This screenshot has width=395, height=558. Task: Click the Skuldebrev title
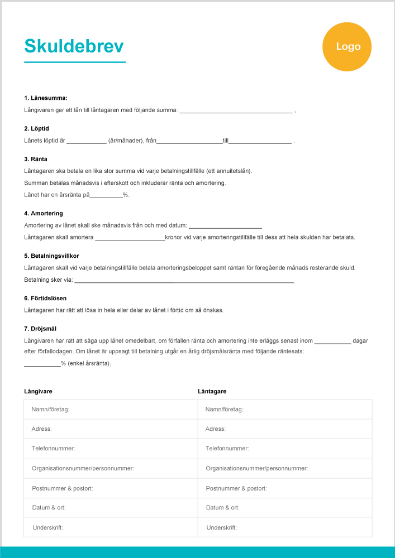tap(74, 46)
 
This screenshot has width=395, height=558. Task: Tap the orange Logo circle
tap(348, 47)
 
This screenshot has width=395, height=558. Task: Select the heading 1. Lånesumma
tap(46, 98)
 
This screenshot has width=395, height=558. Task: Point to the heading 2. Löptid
tap(37, 129)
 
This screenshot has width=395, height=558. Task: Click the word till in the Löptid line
tap(226, 141)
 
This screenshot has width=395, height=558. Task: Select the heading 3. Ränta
tap(36, 159)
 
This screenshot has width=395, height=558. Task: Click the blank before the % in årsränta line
tap(106, 195)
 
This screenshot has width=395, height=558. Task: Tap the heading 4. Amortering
tap(44, 213)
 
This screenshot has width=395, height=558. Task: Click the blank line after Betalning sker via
tap(184, 280)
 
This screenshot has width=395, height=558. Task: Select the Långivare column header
tap(39, 392)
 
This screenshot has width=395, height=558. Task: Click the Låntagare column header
tap(212, 392)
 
